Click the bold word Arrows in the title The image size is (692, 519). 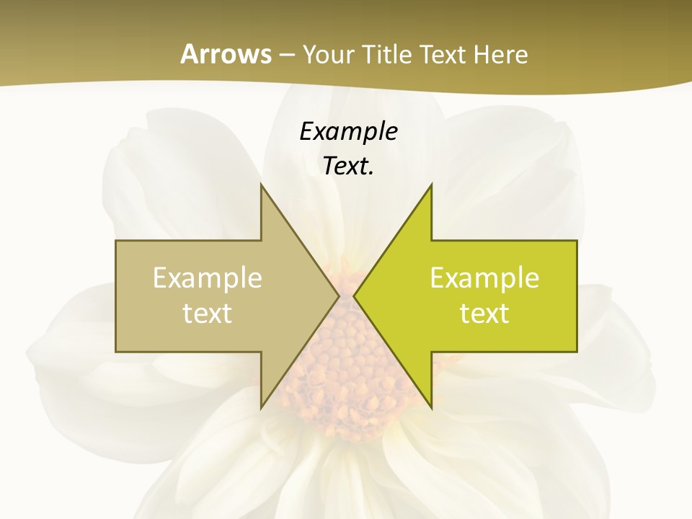pyautogui.click(x=226, y=54)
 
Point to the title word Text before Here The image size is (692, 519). pyautogui.click(x=444, y=55)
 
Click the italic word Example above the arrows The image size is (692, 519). pyautogui.click(x=348, y=131)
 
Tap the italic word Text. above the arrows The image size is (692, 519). pyautogui.click(x=348, y=167)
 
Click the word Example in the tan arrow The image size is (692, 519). pyautogui.click(x=208, y=278)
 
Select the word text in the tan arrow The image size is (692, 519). pyautogui.click(x=208, y=313)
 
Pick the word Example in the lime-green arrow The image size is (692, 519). pyautogui.click(x=484, y=278)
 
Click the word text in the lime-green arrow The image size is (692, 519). pyautogui.click(x=484, y=313)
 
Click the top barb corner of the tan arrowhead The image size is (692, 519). pyautogui.click(x=261, y=185)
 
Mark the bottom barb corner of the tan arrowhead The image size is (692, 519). pyautogui.click(x=261, y=408)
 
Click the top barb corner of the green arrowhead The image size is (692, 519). pyautogui.click(x=432, y=185)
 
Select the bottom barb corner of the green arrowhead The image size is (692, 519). pyautogui.click(x=432, y=408)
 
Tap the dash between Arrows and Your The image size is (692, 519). pyautogui.click(x=286, y=55)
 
